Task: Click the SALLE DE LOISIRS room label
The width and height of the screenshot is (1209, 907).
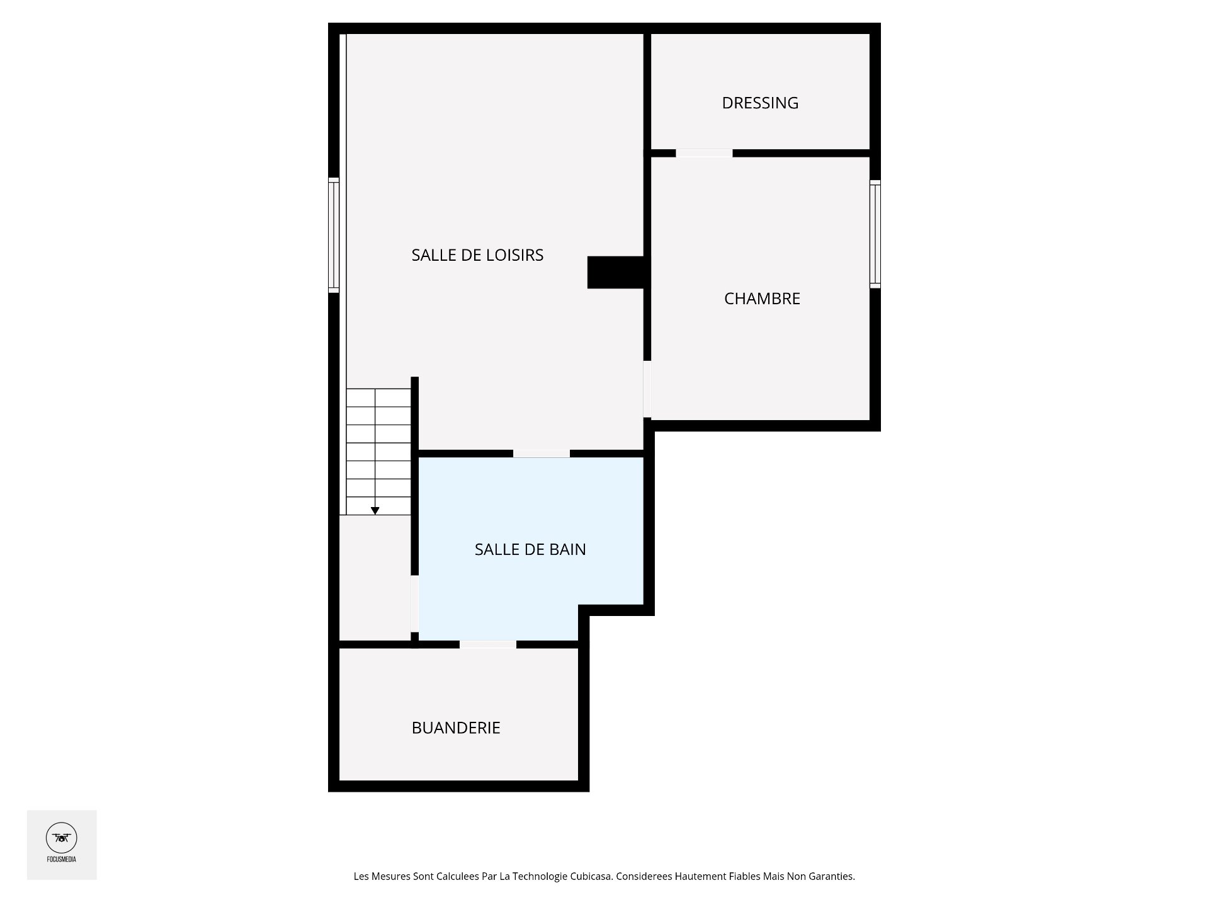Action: pos(477,255)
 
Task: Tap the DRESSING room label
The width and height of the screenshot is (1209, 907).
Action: pos(760,103)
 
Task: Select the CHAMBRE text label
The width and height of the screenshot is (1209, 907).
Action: pos(762,299)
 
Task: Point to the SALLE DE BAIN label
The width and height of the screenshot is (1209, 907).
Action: pos(530,549)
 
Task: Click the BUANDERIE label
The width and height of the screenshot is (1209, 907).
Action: pos(456,728)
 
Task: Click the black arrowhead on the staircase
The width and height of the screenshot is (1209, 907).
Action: pos(375,511)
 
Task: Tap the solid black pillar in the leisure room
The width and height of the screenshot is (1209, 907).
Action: pos(615,272)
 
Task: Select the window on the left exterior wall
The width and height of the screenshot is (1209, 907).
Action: pos(334,235)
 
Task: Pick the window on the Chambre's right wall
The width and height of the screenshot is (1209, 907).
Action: pos(875,234)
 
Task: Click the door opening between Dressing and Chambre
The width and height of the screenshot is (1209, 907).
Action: pos(704,153)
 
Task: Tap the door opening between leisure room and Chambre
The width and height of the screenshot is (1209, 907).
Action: pos(647,389)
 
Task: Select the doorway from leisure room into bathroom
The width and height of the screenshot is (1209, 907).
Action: pos(542,453)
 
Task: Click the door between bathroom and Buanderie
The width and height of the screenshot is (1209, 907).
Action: pos(488,644)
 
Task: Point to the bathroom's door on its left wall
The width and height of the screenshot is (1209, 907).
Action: pos(414,603)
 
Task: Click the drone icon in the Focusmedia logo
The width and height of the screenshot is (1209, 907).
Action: pos(62,838)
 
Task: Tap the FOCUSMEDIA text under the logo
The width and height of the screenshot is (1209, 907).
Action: pos(62,859)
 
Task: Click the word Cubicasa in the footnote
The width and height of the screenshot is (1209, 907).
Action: pos(591,876)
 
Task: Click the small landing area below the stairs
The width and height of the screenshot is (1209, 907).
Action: pos(375,576)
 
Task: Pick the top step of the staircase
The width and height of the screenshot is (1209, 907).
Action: pos(378,398)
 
